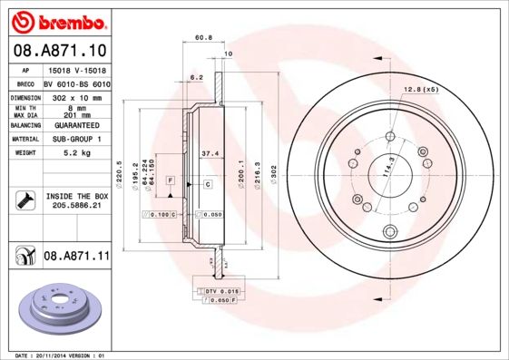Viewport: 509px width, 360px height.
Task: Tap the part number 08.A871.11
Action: coord(75,257)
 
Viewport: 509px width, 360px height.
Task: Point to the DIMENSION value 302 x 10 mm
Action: coord(75,95)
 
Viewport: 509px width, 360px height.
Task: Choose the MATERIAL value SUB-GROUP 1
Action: coord(75,140)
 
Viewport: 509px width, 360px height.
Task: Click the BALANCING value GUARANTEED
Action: coord(75,125)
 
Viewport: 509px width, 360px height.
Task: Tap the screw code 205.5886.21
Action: coord(75,206)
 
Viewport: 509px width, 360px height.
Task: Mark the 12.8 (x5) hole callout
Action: coord(419,90)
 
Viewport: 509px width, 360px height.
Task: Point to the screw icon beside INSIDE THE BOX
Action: coord(24,200)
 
